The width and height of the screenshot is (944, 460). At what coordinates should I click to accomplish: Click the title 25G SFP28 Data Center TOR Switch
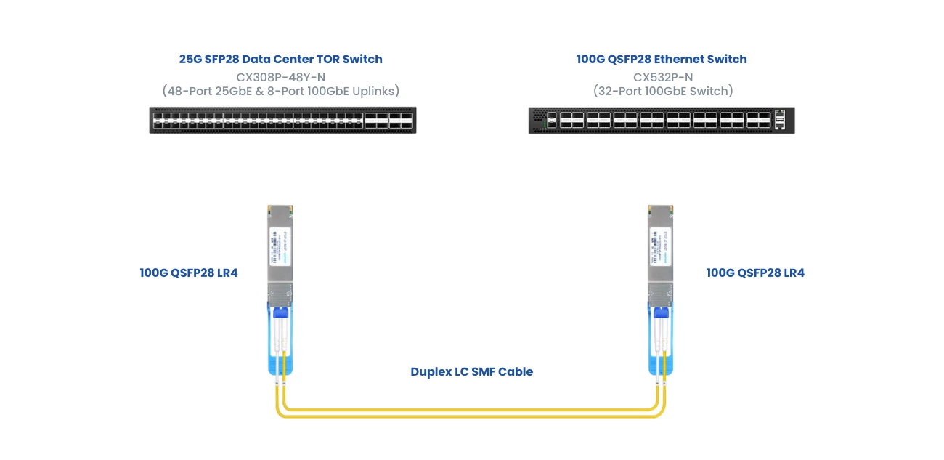(x=280, y=60)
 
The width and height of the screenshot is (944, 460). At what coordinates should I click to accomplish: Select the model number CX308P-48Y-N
(x=280, y=76)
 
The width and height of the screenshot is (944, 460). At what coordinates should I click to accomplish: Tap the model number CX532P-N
(x=662, y=76)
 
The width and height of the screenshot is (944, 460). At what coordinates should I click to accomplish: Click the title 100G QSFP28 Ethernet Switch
(x=662, y=60)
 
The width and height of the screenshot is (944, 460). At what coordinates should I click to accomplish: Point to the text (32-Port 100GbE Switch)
(x=662, y=92)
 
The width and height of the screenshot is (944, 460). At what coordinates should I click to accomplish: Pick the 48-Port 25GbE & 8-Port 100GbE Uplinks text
(x=280, y=92)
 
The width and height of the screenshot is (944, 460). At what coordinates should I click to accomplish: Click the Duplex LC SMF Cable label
(x=471, y=371)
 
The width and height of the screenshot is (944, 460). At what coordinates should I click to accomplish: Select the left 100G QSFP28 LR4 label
(x=189, y=273)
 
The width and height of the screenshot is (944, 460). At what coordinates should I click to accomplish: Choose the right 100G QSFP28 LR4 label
(x=755, y=273)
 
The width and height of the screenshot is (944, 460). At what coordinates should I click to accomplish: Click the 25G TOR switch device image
(x=282, y=120)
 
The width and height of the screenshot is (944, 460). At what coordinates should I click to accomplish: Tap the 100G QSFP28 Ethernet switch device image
(x=661, y=120)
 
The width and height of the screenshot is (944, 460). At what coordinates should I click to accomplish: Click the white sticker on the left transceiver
(x=280, y=246)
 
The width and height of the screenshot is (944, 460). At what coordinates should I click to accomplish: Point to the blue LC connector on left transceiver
(x=280, y=313)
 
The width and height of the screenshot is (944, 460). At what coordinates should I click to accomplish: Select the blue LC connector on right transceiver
(x=660, y=313)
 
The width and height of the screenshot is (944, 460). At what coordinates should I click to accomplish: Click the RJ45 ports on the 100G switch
(x=781, y=120)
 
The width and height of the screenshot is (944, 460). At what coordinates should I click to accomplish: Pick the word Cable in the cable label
(x=517, y=371)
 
